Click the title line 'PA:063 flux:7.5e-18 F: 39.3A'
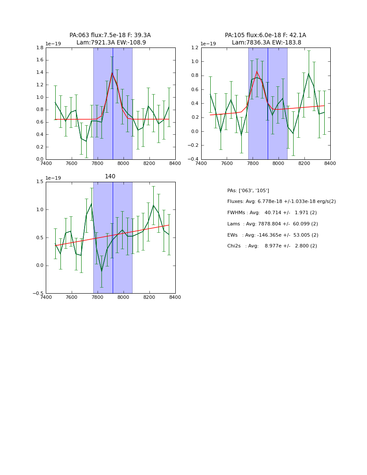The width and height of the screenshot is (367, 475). coord(110,35)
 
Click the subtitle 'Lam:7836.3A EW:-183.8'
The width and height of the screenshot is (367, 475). coord(266,43)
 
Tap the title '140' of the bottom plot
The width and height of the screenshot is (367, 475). coord(110,177)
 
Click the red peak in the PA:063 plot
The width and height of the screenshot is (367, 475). coord(112,73)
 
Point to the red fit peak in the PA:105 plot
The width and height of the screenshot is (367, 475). coord(257,71)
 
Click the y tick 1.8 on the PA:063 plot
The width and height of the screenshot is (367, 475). coord(39,48)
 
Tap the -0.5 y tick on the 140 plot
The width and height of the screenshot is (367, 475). coord(38,294)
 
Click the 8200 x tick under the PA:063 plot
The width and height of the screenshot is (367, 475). coord(149,164)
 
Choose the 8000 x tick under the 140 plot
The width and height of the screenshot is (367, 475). coord(123,298)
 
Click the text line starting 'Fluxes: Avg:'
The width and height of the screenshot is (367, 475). coord(281,202)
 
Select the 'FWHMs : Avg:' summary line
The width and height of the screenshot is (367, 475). coord(272,213)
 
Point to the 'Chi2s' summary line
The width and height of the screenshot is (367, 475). coord(272,246)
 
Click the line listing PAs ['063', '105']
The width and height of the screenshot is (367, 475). coord(248,190)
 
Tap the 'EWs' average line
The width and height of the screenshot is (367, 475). coord(272,235)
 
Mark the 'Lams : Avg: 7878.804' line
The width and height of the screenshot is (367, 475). coord(272,224)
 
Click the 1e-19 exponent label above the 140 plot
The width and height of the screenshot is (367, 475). coord(53,178)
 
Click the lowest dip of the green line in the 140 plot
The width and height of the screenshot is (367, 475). coord(101,271)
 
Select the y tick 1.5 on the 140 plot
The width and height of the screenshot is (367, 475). coord(39,182)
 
